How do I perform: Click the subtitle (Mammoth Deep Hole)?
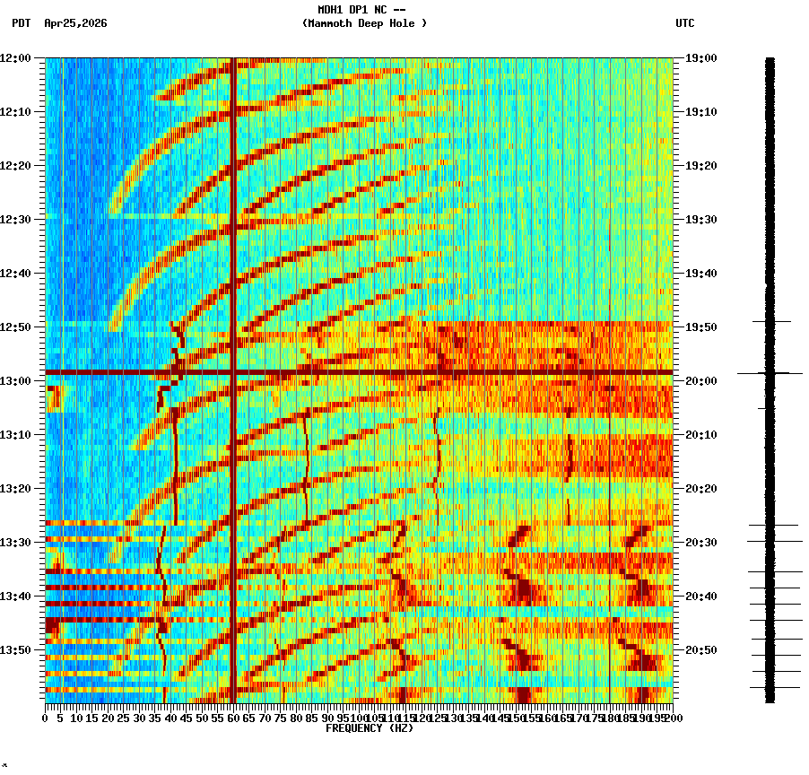(x=364, y=23)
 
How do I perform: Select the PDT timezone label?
(x=22, y=23)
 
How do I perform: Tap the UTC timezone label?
(x=685, y=23)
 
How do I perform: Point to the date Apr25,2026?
(x=75, y=23)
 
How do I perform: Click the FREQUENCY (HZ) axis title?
(x=370, y=728)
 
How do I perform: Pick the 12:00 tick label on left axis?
(x=15, y=58)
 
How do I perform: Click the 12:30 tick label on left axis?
(x=15, y=220)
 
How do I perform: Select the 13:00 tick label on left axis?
(x=15, y=381)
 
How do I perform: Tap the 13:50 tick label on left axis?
(x=15, y=650)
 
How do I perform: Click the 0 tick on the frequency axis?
(x=46, y=718)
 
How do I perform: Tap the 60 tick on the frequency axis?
(x=234, y=718)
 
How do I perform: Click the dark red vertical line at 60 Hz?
(x=233, y=224)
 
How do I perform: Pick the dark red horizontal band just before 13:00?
(x=359, y=371)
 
